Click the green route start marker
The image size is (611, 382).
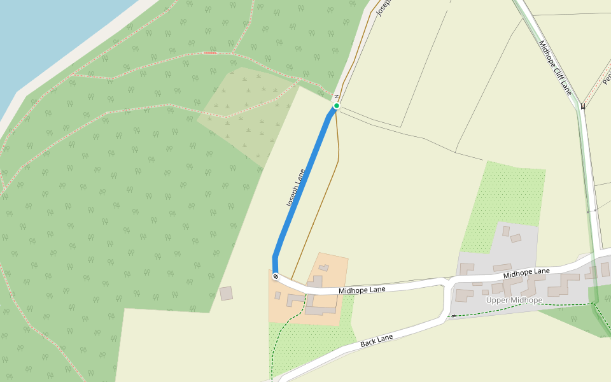(337, 106)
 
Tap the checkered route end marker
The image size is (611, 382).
(276, 276)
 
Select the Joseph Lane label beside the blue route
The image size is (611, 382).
(297, 188)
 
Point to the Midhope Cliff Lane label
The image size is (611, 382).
(556, 67)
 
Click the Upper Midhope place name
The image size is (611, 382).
(514, 301)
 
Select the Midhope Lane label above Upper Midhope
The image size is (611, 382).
(526, 273)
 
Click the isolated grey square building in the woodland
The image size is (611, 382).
(226, 294)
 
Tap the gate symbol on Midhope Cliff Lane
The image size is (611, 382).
(582, 106)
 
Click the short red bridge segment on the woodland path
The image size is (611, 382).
(210, 53)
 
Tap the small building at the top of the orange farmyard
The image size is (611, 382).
(324, 267)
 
